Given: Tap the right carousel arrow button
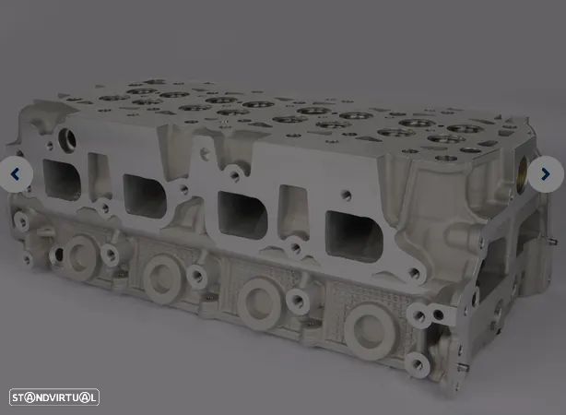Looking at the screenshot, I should click(x=546, y=173).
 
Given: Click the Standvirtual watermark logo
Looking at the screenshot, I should click(x=53, y=397).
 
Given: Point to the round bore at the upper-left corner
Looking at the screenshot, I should click(x=69, y=141).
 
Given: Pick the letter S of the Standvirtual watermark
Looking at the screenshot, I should click(x=17, y=397).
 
